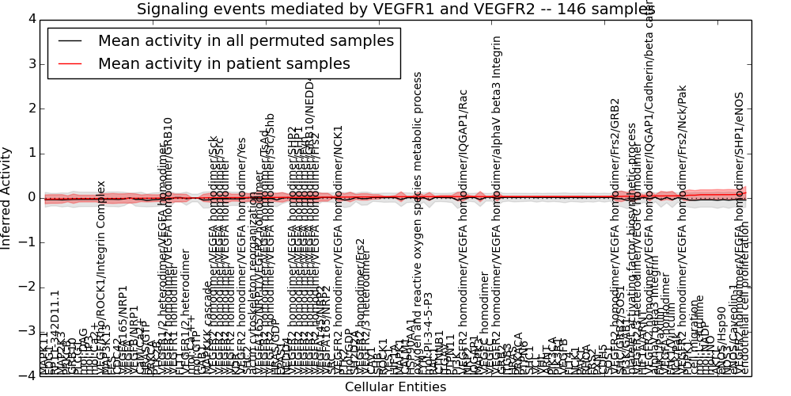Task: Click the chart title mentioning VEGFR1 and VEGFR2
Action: [395, 10]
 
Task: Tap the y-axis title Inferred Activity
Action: [7, 197]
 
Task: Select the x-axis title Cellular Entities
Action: [395, 387]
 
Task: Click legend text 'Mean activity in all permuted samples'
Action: [245, 41]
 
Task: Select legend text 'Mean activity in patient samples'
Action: [224, 64]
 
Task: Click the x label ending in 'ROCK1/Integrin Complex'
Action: [101, 277]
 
